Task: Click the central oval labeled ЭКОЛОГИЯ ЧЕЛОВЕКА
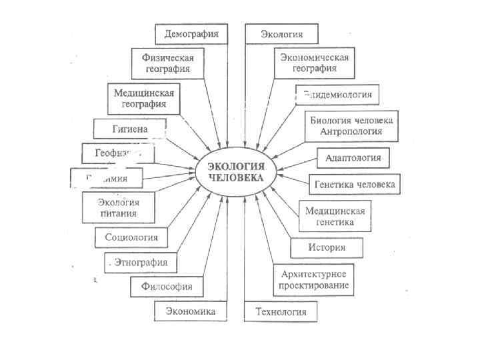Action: pos(237,173)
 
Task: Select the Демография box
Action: pos(191,33)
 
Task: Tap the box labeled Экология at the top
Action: pos(281,34)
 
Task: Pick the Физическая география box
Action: pos(170,63)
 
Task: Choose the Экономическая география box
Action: pos(313,63)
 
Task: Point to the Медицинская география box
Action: pos(145,99)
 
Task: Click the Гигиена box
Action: pos(129,127)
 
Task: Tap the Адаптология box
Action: pos(353,158)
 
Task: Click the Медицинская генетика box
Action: pos(335,216)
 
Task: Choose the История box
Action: pos(327,248)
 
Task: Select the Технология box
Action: pos(281,311)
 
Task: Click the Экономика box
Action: pos(191,311)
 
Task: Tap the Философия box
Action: pos(167,287)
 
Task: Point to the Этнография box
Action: pos(141,262)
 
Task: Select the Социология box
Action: pos(131,237)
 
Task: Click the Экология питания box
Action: pos(118,207)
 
